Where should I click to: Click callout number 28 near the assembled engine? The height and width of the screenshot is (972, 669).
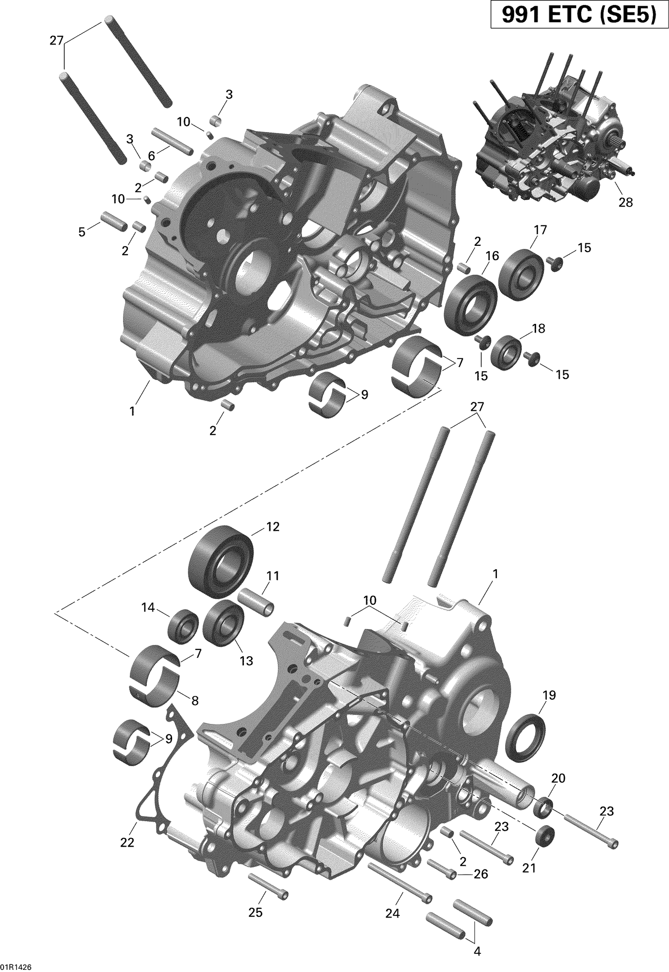(626, 202)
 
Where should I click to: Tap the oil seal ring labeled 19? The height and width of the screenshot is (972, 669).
(525, 739)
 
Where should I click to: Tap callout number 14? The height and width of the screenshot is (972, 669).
(148, 607)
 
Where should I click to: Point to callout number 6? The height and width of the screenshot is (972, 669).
(151, 156)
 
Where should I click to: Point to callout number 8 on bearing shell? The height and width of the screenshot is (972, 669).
(195, 701)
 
